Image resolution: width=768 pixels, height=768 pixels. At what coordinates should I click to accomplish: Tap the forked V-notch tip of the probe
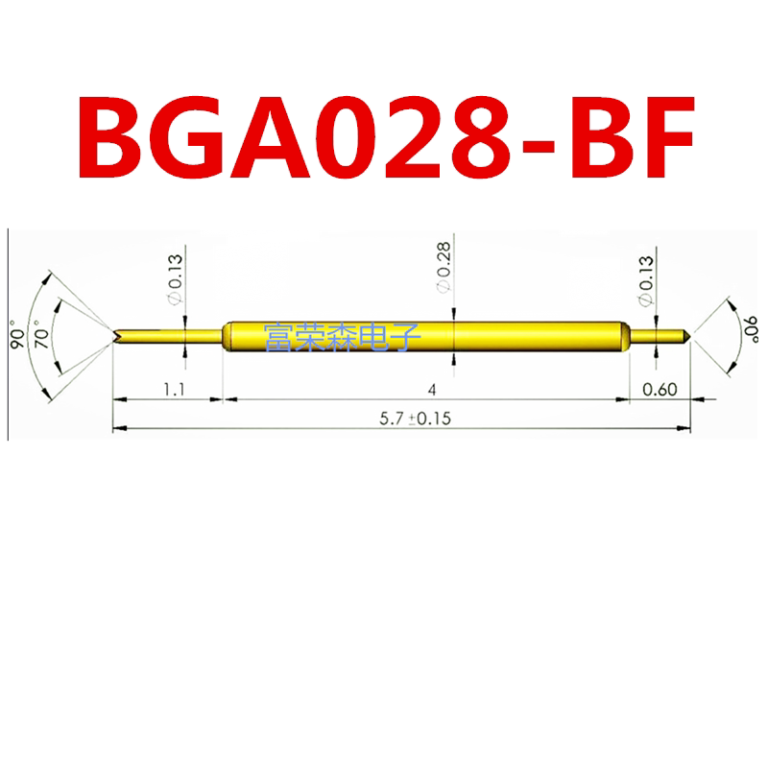(x=117, y=336)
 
